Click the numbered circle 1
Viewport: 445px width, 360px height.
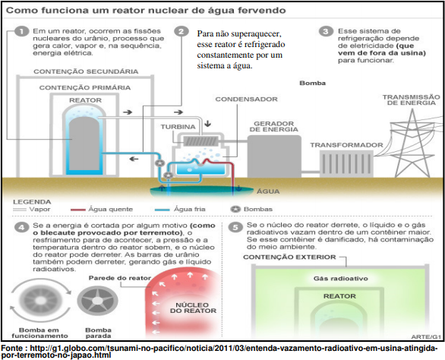21,31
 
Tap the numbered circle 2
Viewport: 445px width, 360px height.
181,31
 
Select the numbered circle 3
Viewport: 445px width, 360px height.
326,31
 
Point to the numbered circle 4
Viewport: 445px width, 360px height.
21,227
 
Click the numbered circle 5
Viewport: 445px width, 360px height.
235,227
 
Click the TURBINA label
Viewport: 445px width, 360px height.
178,127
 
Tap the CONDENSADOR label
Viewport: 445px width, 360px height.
246,99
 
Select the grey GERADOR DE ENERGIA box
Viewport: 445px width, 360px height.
274,156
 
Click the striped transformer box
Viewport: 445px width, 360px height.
346,164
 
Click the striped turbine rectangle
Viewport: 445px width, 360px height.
201,141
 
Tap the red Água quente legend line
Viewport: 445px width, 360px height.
78,210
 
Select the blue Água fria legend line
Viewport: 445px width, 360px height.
163,210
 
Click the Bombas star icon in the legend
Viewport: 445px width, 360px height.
235,210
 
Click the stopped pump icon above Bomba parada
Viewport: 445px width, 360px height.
97,301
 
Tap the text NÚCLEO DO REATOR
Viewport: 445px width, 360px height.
193,308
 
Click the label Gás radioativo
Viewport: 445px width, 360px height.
340,279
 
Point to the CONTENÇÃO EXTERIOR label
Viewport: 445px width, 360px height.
289,257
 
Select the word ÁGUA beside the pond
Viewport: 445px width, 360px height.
268,191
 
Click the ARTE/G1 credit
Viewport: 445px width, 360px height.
426,337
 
